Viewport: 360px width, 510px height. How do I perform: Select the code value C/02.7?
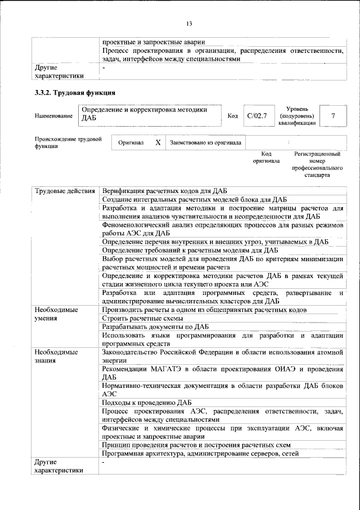click(x=256, y=116)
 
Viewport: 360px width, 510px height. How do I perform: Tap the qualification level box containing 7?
click(x=334, y=116)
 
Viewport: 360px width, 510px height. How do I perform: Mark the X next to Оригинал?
click(x=158, y=143)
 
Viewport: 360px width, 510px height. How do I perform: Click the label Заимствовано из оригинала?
click(x=205, y=143)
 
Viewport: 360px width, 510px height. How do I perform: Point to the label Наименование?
click(x=53, y=116)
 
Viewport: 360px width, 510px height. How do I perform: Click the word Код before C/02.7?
click(x=232, y=116)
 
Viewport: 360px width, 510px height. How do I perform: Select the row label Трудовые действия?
click(x=65, y=191)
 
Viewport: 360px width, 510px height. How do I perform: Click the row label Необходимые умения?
click(x=56, y=314)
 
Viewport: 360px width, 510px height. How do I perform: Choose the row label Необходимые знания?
click(x=56, y=356)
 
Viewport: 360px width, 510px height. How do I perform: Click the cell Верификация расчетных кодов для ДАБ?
click(x=165, y=191)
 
